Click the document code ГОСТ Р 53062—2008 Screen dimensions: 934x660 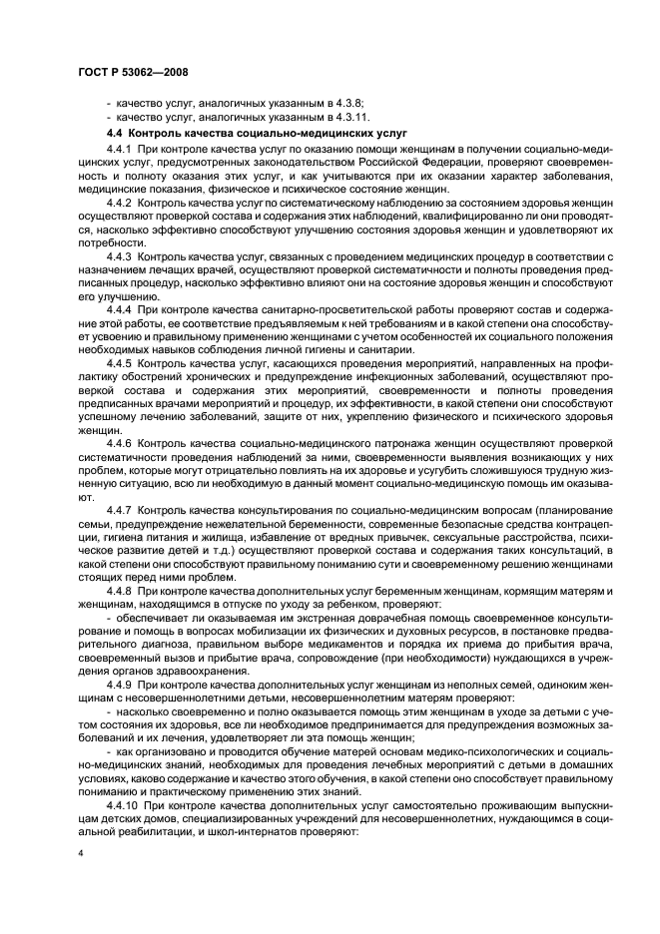pyautogui.click(x=133, y=72)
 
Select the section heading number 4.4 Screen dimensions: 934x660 pyautogui.click(x=114, y=132)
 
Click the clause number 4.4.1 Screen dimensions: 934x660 pyautogui.click(x=120, y=148)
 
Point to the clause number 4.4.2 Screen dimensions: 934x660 pyautogui.click(x=120, y=201)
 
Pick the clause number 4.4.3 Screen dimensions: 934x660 pyautogui.click(x=120, y=256)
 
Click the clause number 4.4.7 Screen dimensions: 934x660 pyautogui.click(x=120, y=510)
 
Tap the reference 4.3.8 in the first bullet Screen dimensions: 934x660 pyautogui.click(x=345, y=103)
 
